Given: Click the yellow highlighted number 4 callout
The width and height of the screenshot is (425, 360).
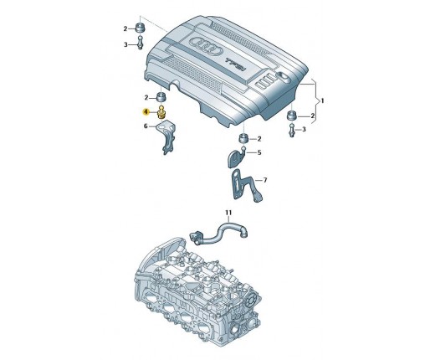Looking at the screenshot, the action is (x=146, y=112).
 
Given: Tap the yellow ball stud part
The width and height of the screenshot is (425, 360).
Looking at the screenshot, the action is (x=161, y=112).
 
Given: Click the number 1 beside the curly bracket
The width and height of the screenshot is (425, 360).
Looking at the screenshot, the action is (x=323, y=100).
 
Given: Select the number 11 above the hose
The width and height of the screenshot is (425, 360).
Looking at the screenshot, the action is (x=228, y=213).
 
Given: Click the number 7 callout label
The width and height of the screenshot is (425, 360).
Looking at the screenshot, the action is (x=265, y=180).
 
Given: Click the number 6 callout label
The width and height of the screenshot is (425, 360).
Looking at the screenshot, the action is (x=146, y=126).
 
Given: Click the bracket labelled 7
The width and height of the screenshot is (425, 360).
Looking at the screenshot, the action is (x=245, y=185).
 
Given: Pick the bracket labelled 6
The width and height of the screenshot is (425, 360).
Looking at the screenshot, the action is (x=167, y=136).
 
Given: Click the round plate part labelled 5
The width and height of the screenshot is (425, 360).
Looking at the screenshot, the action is (x=237, y=157).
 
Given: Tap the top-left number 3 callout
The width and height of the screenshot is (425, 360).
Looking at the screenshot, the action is (x=125, y=44).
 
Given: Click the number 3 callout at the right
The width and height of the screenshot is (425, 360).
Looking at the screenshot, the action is (x=304, y=129).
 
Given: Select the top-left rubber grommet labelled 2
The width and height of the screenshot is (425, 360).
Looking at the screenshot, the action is (x=141, y=28).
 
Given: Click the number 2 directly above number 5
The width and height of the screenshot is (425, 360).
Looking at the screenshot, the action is (x=259, y=139).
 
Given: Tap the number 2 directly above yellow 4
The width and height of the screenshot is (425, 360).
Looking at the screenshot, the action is (x=146, y=98).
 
